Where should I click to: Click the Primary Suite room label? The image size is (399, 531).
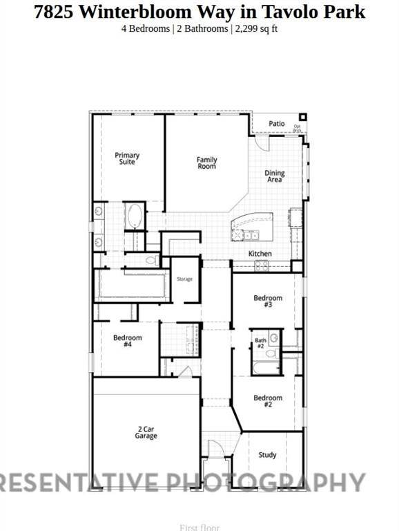pos(126,158)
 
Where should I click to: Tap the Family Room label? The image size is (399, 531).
pos(206,163)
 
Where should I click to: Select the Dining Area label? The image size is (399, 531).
pos(275,176)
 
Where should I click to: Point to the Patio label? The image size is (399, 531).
pos(277,124)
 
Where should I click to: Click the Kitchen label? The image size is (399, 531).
pos(260,254)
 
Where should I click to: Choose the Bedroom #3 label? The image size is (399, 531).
pos(268,301)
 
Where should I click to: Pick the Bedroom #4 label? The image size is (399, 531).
pos(128,341)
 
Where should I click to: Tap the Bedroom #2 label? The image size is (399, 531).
pos(268,401)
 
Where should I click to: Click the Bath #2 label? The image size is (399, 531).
pos(260,343)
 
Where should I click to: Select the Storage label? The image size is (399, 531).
pos(184,279)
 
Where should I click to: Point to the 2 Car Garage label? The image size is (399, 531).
pos(146,433)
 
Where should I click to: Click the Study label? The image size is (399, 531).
pos(268,455)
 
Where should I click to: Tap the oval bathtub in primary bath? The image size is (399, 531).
pos(133,217)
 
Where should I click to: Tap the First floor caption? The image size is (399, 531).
pos(199,528)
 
